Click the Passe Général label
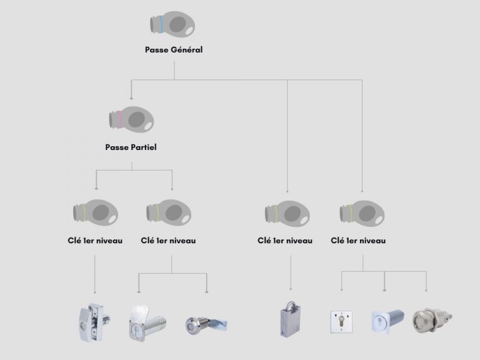click(x=174, y=49)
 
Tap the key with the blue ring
click(x=172, y=24)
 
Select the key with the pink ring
click(x=131, y=119)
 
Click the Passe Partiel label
click(x=131, y=147)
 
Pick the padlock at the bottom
click(x=289, y=319)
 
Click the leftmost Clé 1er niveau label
click(x=95, y=241)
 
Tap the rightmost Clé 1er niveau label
click(x=358, y=241)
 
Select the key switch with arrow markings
click(x=341, y=322)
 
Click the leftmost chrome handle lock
click(x=94, y=322)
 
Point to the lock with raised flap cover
click(x=147, y=323)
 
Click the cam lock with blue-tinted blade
click(x=206, y=325)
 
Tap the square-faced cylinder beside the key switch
click(x=387, y=321)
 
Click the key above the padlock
click(x=287, y=214)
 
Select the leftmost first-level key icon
click(x=96, y=212)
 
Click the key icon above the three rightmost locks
click(x=362, y=214)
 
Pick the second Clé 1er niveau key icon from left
click(x=169, y=212)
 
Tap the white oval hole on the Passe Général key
click(x=189, y=30)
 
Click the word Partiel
click(x=144, y=147)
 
